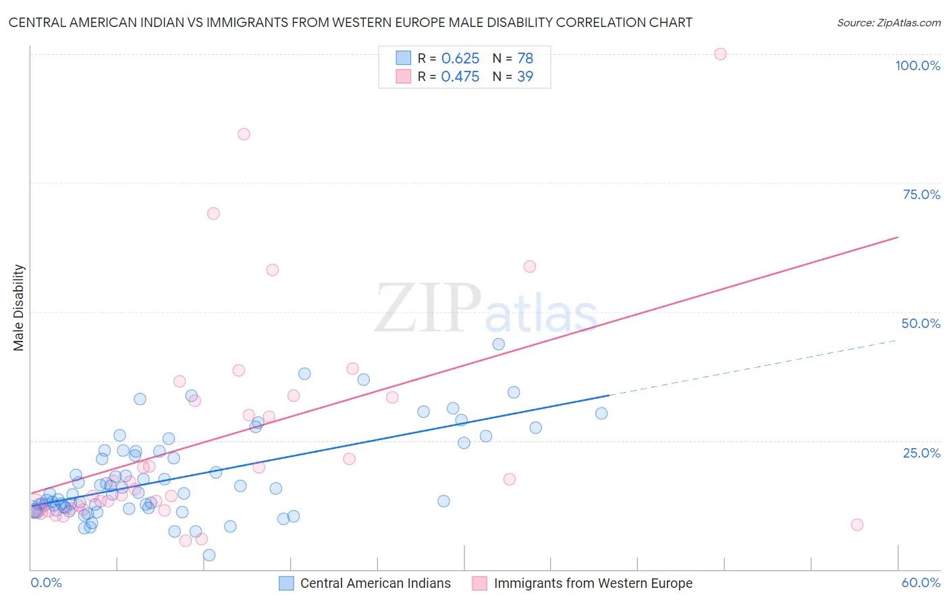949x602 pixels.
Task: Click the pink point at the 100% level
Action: tap(720, 54)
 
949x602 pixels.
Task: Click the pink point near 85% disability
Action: tap(244, 134)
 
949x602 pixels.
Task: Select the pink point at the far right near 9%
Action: tap(857, 524)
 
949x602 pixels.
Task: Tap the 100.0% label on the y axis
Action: tap(917, 65)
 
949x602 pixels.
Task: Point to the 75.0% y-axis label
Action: tap(921, 194)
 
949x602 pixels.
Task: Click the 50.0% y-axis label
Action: tap(921, 323)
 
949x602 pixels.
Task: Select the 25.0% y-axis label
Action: tap(921, 453)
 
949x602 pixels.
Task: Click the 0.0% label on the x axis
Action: tap(46, 582)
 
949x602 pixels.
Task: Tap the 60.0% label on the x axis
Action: tap(921, 582)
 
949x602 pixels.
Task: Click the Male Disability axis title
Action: tap(19, 308)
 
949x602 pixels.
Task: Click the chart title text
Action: tap(350, 22)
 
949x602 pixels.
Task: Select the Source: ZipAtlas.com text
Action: tap(888, 23)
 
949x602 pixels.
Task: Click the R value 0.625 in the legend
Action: tap(460, 59)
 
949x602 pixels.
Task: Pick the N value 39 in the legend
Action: tap(525, 77)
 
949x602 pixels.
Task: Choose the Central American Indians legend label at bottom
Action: tap(375, 583)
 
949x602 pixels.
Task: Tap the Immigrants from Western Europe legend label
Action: tap(593, 583)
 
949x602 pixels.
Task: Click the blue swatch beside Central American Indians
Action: tap(286, 583)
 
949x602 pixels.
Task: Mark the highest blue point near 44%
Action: tap(498, 344)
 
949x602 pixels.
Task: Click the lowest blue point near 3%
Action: tap(209, 555)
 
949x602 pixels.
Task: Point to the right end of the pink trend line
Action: tap(898, 237)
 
